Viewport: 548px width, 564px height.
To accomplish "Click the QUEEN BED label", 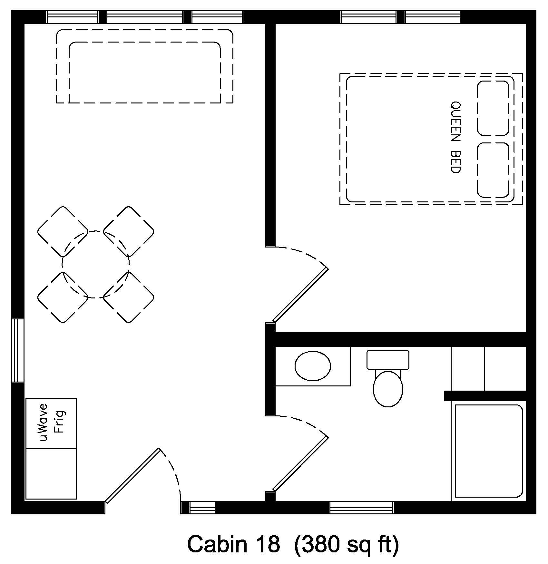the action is coord(455,138).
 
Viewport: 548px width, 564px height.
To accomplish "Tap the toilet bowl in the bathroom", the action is coord(388,389).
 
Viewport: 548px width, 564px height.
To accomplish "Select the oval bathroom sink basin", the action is coord(313,366).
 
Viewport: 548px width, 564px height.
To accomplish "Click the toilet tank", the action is coord(388,360).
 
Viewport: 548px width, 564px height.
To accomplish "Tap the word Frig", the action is coord(60,422).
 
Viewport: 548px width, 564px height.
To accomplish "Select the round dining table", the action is coord(95,264).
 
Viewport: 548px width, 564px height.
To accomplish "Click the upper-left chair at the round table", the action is coord(63,231).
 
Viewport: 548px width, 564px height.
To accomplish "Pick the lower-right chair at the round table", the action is coord(129,297).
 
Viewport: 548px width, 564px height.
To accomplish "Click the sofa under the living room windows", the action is coord(145,66).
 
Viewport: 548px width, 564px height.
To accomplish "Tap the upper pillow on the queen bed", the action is coord(493,108).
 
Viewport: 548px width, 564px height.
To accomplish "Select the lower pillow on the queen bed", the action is coord(493,170).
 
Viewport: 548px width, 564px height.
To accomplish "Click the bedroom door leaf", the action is coord(300,295).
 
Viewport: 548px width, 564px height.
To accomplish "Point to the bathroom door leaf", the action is coord(300,464).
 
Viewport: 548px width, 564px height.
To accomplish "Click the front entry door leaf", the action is coord(132,475).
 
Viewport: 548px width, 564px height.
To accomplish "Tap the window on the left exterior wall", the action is coord(18,350).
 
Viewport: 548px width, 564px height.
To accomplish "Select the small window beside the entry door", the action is coord(202,508).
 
